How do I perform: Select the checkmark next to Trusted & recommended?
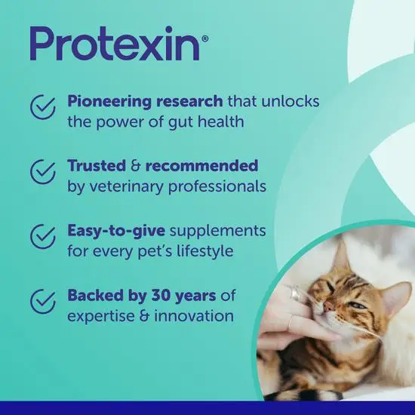[43, 172]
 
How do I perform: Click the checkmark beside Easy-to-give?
[43, 236]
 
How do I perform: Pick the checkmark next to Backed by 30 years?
[43, 301]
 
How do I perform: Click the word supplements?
[219, 230]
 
